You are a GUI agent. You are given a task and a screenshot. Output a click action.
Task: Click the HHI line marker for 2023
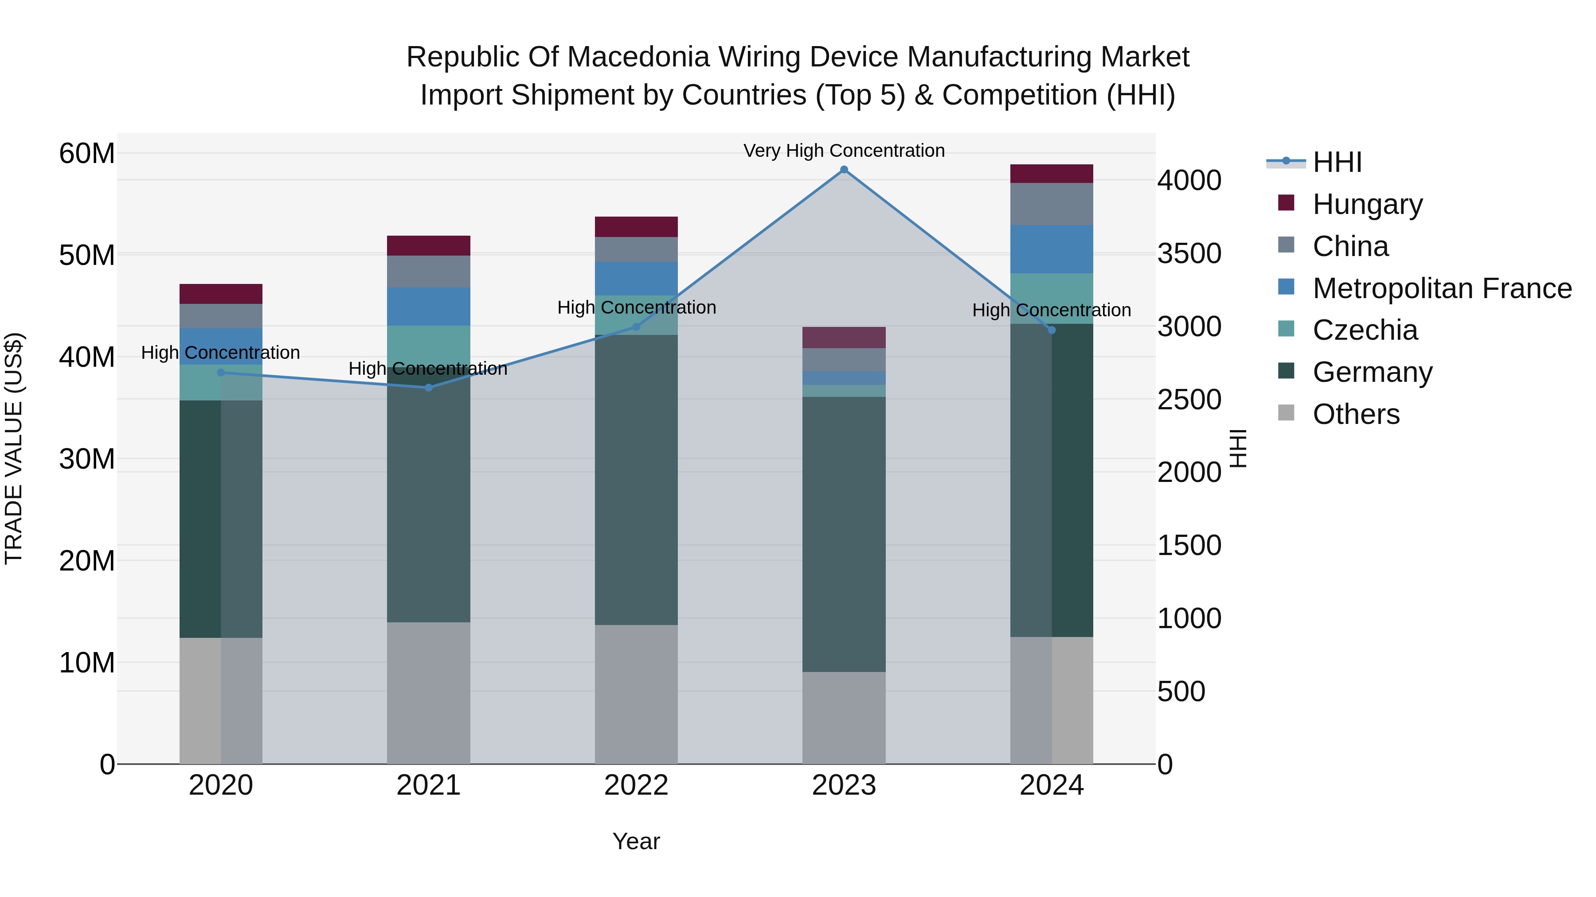[x=844, y=170]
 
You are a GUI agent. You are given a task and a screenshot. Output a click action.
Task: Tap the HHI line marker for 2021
[x=428, y=388]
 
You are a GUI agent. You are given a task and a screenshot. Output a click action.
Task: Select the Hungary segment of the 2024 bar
[x=1052, y=174]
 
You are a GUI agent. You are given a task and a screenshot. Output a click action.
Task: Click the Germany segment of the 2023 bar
[x=844, y=534]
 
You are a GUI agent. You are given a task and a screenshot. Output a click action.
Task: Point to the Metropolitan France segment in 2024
[x=1052, y=249]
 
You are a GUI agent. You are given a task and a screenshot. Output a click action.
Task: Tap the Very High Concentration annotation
[x=844, y=151]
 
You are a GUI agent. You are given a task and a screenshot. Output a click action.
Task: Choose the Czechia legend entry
[x=1365, y=330]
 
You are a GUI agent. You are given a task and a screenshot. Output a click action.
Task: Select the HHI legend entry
[x=1337, y=162]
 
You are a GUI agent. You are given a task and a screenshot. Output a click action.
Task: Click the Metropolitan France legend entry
[x=1442, y=288]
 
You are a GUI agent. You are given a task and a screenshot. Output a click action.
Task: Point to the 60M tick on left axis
[x=87, y=154]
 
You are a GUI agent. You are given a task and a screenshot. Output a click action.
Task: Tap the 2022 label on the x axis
[x=636, y=785]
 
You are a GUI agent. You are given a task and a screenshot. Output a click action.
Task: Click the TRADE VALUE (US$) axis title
[x=14, y=448]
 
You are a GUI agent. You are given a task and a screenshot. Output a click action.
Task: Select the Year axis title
[x=636, y=841]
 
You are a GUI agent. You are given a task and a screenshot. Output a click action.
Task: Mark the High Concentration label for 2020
[x=221, y=353]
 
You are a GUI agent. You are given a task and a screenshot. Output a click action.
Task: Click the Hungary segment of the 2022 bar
[x=636, y=226]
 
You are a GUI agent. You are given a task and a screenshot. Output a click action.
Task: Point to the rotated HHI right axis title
[x=1237, y=448]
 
